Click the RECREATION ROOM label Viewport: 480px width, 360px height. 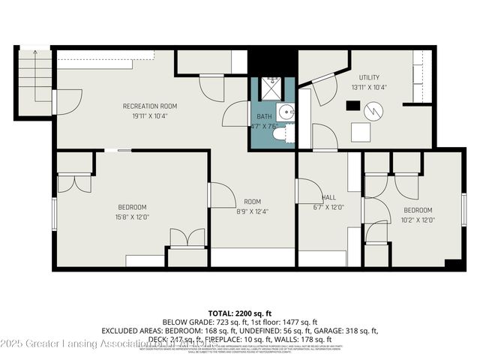click(151, 106)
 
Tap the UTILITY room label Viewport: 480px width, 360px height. click(368, 77)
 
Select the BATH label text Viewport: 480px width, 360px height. click(264, 117)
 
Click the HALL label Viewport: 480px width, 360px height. click(327, 198)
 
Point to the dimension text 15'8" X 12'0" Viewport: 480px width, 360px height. click(131, 217)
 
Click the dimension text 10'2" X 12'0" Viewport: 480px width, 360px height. click(418, 220)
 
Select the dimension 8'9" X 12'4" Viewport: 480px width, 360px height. click(252, 211)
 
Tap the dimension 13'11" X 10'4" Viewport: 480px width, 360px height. click(368, 88)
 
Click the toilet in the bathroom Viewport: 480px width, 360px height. click(278, 137)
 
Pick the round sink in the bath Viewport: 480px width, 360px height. click(285, 112)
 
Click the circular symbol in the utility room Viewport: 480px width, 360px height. click(373, 111)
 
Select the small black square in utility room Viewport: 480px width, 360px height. click(351, 106)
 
